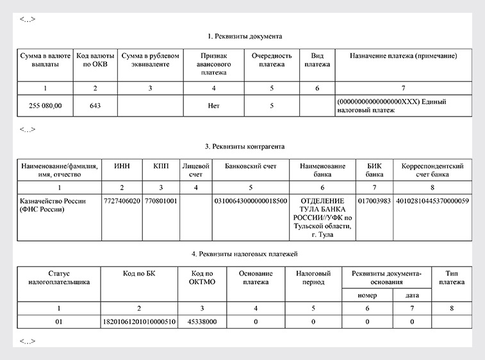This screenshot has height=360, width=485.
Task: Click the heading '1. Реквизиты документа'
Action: tap(245, 36)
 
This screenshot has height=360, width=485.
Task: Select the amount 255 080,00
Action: tap(45, 105)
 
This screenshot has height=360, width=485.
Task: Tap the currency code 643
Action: tap(95, 105)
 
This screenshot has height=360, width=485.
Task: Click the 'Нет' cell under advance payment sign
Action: tap(214, 105)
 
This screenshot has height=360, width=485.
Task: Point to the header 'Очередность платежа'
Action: tap(272, 60)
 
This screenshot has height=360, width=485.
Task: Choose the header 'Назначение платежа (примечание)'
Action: tap(403, 56)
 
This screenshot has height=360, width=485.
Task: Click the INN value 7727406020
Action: tap(122, 200)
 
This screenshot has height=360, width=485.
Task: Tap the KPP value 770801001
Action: tap(160, 200)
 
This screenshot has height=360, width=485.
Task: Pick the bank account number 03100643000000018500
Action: tap(251, 200)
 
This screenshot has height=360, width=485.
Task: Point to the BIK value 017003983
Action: tap(374, 200)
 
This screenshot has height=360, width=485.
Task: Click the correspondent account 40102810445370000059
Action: tap(432, 200)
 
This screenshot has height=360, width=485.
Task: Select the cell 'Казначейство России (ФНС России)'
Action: tap(53, 205)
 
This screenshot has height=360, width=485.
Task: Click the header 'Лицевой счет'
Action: tap(195, 170)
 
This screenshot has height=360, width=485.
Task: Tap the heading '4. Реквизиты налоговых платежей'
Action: tap(245, 254)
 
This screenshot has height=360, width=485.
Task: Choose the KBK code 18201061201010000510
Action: tap(139, 321)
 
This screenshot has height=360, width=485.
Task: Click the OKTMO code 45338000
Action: tap(202, 321)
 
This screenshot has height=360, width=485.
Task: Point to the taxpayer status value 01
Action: tap(58, 321)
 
